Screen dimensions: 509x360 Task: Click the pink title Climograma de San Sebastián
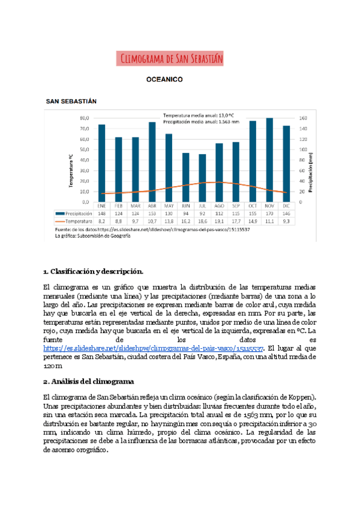point(172,58)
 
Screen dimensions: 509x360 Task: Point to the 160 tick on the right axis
point(302,118)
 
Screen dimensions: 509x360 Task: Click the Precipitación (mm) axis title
point(311,171)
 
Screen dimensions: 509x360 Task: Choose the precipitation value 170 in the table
point(269,213)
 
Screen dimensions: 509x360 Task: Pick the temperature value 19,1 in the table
point(219,221)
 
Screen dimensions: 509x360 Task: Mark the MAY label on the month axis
point(169,205)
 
